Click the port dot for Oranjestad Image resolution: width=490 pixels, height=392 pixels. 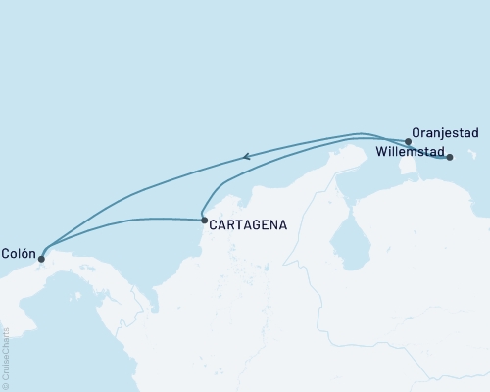tap(408, 141)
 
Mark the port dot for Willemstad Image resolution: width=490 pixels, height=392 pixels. tap(450, 157)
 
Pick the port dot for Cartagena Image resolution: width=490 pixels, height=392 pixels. tap(203, 220)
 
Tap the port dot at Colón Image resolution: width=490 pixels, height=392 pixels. tap(40, 259)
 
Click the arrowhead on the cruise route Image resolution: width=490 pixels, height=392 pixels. tap(247, 155)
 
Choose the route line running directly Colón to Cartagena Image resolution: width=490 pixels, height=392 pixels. tap(127, 220)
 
